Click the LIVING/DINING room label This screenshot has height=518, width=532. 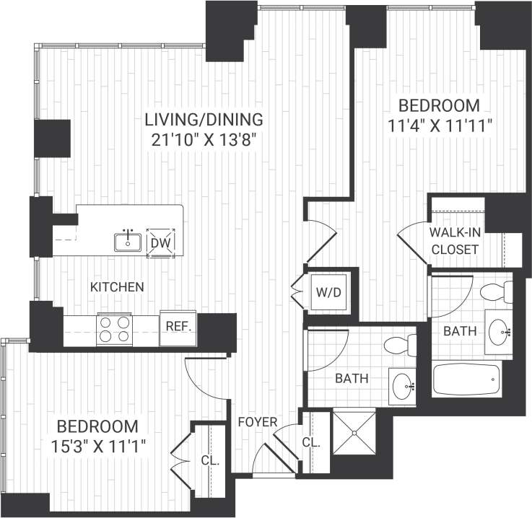tap(203, 119)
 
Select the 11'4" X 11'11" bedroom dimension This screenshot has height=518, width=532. tap(440, 124)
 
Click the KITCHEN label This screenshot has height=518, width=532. tap(117, 287)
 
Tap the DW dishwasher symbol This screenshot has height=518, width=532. tap(160, 242)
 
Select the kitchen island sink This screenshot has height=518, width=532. tap(128, 241)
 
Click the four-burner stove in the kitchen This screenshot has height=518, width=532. tap(114, 329)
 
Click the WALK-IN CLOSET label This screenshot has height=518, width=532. tap(454, 242)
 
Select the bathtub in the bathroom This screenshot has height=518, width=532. tap(466, 379)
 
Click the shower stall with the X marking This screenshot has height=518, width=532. tap(354, 432)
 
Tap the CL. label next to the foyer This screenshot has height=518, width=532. tap(311, 442)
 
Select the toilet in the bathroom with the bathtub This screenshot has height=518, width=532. tap(497, 291)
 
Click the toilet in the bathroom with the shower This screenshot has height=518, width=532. tap(399, 346)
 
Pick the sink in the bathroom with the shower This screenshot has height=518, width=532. tap(403, 385)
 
